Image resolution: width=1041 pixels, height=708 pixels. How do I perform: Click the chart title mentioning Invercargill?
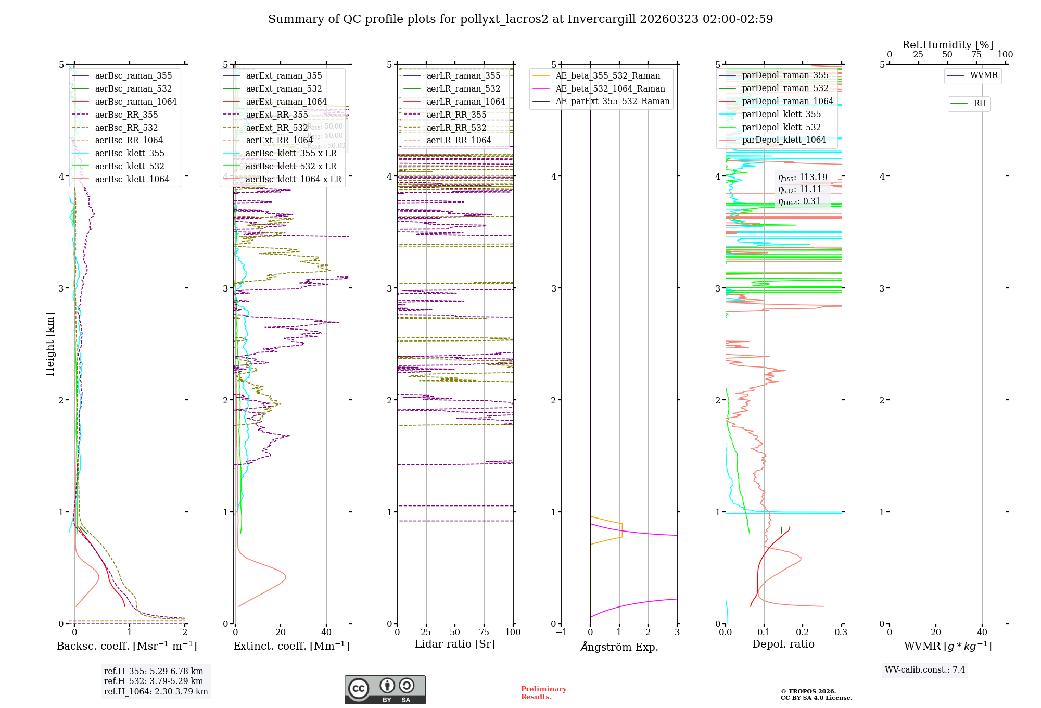coord(520,19)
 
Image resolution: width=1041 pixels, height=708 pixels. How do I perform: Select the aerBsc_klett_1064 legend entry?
coord(132,180)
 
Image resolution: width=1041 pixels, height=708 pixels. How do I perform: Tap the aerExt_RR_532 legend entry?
coord(277,128)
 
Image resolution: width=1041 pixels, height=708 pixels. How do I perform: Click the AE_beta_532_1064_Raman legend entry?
coord(610,89)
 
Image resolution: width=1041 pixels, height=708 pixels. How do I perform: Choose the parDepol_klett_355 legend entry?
coord(781,115)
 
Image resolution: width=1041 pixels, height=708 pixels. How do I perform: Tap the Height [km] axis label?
coord(50,344)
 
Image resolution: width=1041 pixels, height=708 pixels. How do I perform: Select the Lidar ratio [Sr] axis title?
coord(455,644)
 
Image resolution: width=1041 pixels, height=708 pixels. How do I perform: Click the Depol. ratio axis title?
coord(783,644)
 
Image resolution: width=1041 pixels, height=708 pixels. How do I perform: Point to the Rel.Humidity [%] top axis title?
coord(947,45)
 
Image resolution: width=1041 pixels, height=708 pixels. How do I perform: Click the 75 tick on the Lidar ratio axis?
coord(484,632)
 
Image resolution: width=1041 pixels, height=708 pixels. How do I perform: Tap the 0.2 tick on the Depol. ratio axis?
coord(803,632)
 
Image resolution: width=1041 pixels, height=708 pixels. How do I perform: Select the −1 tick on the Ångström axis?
coord(561,632)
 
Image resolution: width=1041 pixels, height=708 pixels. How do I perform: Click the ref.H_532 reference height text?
coord(154,681)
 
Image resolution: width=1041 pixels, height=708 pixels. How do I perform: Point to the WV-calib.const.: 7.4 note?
coord(925,670)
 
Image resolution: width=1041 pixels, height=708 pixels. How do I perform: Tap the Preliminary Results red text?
coord(543,693)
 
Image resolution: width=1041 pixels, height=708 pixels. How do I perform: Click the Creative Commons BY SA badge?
coord(385,689)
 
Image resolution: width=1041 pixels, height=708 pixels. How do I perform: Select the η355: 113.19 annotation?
coord(803,178)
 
